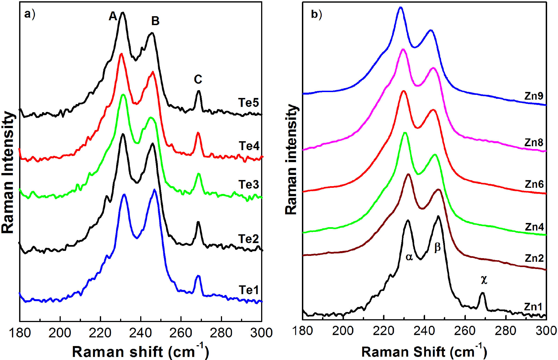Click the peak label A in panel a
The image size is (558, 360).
113,16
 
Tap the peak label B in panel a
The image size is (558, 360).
155,21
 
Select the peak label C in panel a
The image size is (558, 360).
198,80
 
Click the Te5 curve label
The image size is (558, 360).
248,103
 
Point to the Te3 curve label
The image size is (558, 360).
248,185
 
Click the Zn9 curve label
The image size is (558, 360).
534,96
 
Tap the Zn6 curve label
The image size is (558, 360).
534,184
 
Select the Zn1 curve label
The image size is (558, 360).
533,307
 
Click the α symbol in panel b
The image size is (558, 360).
409,257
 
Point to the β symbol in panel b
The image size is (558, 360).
437,247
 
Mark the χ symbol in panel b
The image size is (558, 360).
484,279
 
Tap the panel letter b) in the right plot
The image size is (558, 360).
316,14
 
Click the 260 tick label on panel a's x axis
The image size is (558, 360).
181,333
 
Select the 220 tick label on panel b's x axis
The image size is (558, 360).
383,331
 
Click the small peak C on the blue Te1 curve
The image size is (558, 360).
198,276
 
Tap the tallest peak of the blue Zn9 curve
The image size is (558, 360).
401,8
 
